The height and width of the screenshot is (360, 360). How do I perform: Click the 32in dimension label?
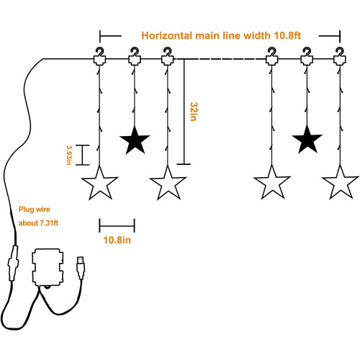pyautogui.click(x=194, y=112)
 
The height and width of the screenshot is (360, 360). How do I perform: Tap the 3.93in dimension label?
pyautogui.click(x=69, y=155)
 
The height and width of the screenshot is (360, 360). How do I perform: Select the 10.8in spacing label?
pyautogui.click(x=117, y=240)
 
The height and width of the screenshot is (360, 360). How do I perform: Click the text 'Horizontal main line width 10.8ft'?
pyautogui.click(x=221, y=35)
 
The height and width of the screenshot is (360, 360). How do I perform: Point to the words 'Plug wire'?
pyautogui.click(x=35, y=210)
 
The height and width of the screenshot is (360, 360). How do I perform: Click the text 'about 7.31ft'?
pyautogui.click(x=38, y=223)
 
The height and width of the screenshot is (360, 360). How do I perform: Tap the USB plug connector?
pyautogui.click(x=81, y=268)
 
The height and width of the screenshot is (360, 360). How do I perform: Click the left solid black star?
pyautogui.click(x=135, y=140)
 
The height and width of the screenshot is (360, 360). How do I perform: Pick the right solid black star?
pyautogui.click(x=307, y=140)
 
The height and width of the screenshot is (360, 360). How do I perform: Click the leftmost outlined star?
pyautogui.click(x=99, y=183)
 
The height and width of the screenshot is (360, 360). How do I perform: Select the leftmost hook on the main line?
pyautogui.click(x=99, y=57)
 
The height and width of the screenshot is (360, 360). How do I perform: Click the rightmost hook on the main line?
pyautogui.click(x=340, y=57)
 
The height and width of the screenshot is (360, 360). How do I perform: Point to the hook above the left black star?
pyautogui.click(x=135, y=57)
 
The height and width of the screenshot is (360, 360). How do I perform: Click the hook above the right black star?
pyautogui.click(x=307, y=57)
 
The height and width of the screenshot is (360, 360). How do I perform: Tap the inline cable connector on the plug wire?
pyautogui.click(x=13, y=263)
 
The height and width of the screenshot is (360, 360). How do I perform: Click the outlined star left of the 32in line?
pyautogui.click(x=168, y=183)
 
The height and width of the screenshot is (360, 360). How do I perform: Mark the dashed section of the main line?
pyautogui.click(x=220, y=59)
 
